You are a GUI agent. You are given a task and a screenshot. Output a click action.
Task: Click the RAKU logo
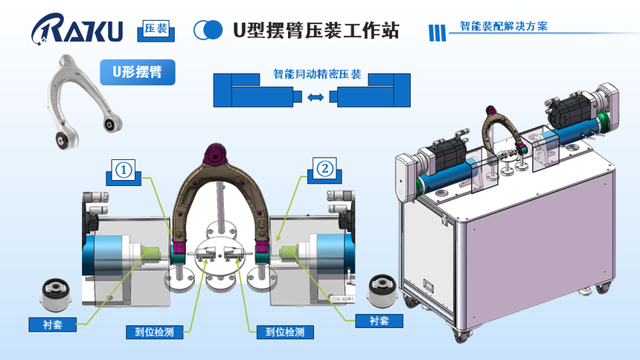tap(77, 30)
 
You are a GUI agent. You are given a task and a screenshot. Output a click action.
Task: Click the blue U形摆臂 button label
tap(138, 72)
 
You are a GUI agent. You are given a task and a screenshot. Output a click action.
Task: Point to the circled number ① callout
tap(124, 170)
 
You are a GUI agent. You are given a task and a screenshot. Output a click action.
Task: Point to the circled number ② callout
tap(324, 170)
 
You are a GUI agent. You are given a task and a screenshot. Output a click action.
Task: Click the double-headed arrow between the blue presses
tap(316, 97)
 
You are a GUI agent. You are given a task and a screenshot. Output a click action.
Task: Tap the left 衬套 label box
tap(53, 324)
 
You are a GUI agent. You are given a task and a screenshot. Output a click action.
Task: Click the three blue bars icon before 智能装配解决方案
tap(438, 31)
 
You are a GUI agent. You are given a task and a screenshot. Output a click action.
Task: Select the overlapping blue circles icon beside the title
tap(208, 30)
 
